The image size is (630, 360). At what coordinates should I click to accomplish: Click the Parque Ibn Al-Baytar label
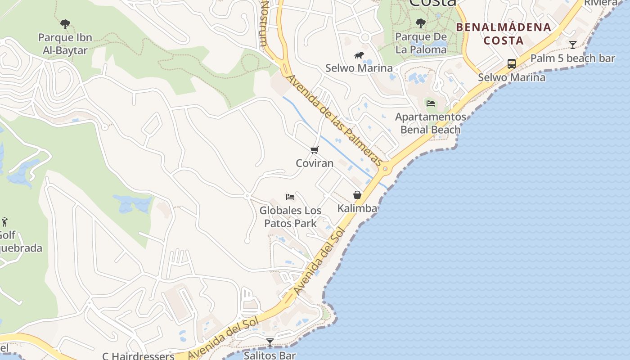[x=65, y=44]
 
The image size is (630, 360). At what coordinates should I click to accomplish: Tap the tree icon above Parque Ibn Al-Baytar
[x=65, y=24]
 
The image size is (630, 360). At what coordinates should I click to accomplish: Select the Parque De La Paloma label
[x=421, y=43]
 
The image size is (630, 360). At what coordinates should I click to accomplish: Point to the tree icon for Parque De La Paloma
[x=421, y=23]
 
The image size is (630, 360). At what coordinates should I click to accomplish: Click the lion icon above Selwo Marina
[x=359, y=55]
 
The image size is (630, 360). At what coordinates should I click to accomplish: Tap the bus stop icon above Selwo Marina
[x=512, y=64]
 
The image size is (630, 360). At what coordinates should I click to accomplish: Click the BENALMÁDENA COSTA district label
[x=504, y=34]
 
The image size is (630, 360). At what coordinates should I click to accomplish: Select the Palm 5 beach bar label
[x=572, y=58]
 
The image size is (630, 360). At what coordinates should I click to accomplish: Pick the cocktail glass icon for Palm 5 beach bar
[x=573, y=45]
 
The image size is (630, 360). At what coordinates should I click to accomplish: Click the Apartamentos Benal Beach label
[x=431, y=123]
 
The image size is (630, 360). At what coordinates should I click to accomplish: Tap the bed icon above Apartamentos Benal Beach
[x=431, y=103]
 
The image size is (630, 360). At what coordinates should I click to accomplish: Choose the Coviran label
[x=315, y=163]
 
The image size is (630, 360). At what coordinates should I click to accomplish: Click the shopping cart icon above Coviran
[x=315, y=150]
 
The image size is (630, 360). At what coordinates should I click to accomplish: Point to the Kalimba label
[x=357, y=208]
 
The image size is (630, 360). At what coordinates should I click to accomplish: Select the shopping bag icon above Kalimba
[x=357, y=195]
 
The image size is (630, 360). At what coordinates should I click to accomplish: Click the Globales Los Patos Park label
[x=290, y=217]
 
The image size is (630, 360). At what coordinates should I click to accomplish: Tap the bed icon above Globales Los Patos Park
[x=290, y=197]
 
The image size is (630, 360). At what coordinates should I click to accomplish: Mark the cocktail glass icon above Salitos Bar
[x=270, y=342]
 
